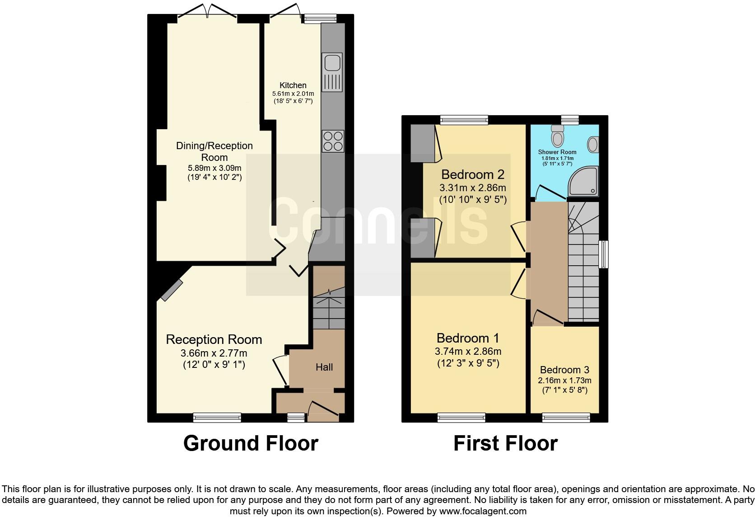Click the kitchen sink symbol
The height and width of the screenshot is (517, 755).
click(x=332, y=72)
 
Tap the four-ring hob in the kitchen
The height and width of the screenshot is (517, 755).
click(x=333, y=141)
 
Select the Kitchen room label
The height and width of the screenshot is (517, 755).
click(x=293, y=85)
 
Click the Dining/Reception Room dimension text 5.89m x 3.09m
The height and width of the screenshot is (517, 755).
click(x=214, y=168)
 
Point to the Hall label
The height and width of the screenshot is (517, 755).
click(x=324, y=367)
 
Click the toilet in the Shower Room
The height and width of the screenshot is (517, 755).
click(x=558, y=134)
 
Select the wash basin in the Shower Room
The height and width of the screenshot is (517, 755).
click(x=593, y=145)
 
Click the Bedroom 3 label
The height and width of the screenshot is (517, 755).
click(x=564, y=370)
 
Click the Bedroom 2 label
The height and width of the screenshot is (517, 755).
click(x=472, y=174)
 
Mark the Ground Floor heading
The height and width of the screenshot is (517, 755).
click(x=251, y=443)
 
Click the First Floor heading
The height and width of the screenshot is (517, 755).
click(x=505, y=443)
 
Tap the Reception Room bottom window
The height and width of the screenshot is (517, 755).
click(x=217, y=418)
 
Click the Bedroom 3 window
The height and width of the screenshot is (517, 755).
click(x=566, y=418)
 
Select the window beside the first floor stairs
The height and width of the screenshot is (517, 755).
click(x=604, y=254)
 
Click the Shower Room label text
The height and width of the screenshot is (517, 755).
click(x=557, y=152)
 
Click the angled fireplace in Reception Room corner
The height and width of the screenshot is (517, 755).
click(x=172, y=290)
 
